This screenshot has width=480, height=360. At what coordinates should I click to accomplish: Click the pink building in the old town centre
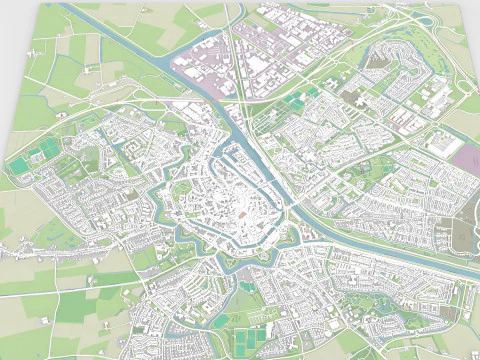pos(241,216)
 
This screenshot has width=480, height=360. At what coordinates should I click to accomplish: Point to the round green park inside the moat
pos(184,185)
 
